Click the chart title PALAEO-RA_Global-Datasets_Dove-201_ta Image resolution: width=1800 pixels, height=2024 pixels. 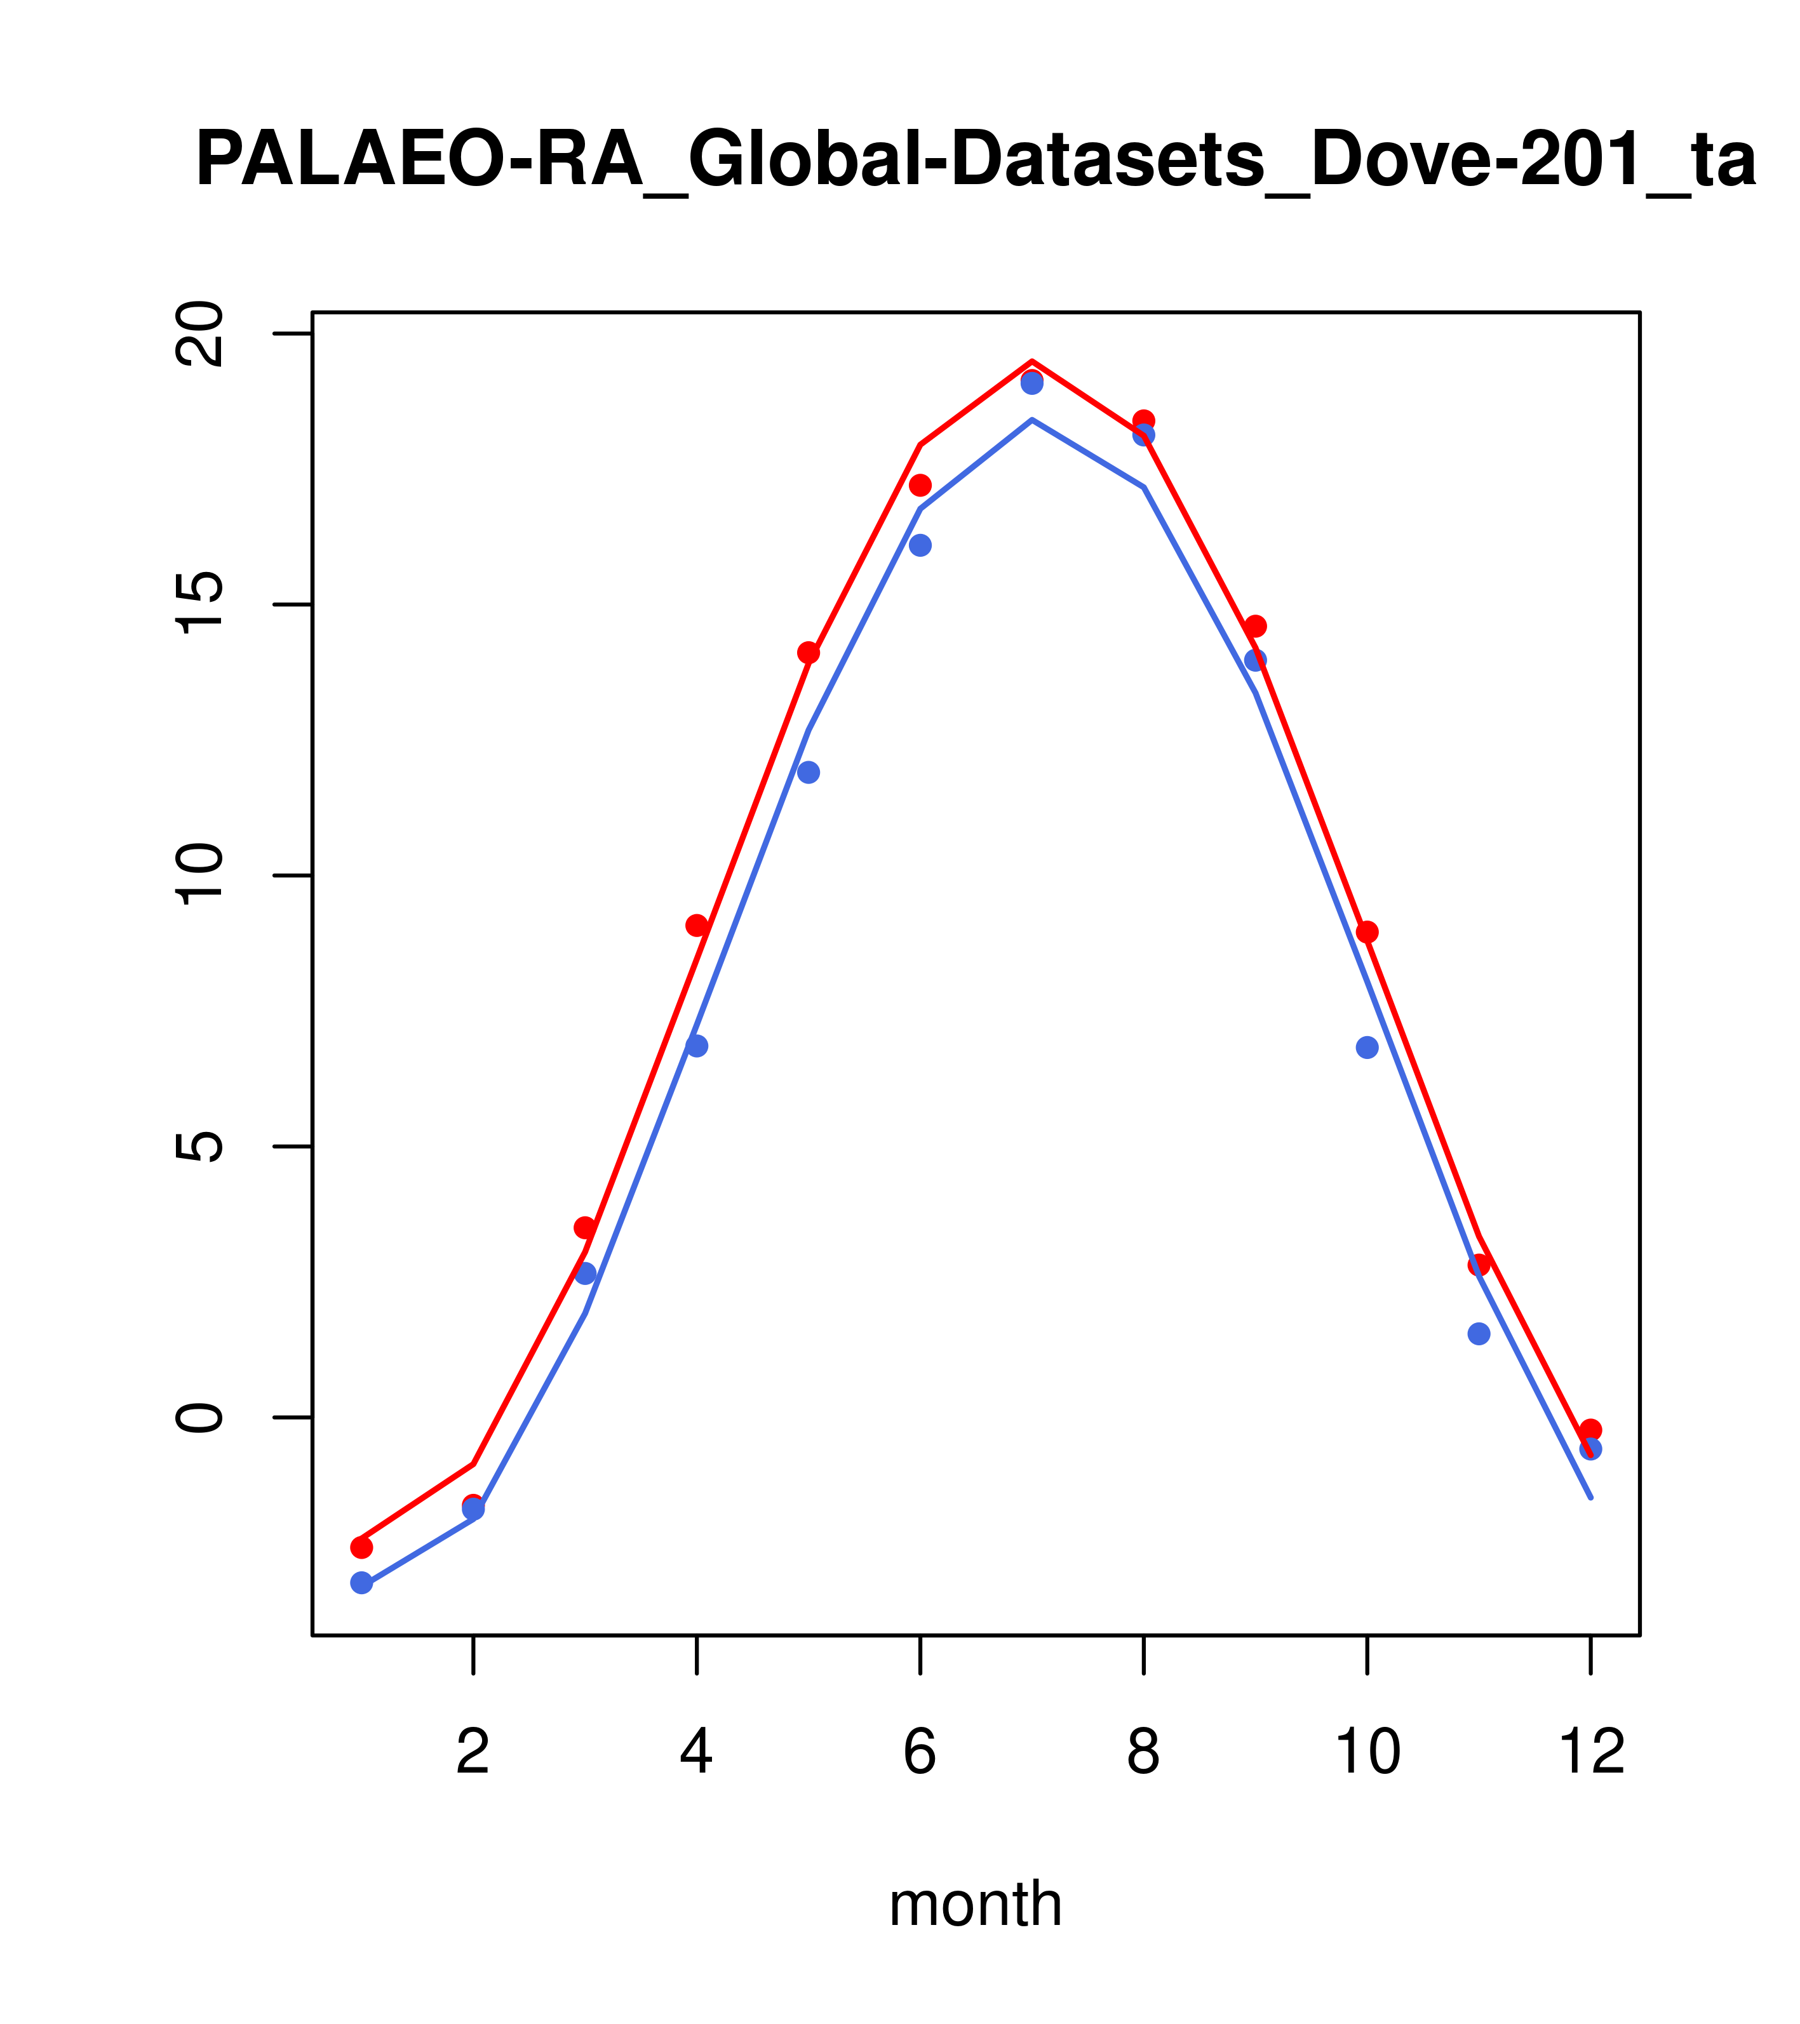[975, 161]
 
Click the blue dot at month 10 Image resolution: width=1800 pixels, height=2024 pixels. [1367, 1048]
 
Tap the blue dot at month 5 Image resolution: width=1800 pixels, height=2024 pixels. [809, 773]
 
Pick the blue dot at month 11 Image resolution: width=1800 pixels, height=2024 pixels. [1479, 1334]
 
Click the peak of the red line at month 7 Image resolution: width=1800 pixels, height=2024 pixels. [1032, 361]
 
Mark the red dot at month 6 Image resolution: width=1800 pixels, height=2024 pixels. [920, 485]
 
